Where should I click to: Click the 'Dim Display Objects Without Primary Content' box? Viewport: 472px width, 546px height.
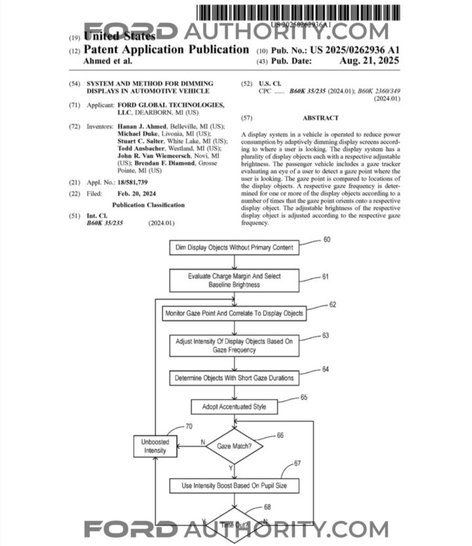[x=235, y=248]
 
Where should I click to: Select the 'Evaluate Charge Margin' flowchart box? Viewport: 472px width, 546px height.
[x=235, y=281]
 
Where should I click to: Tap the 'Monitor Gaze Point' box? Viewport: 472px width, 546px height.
[x=235, y=313]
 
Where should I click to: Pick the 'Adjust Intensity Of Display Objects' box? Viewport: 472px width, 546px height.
[x=235, y=345]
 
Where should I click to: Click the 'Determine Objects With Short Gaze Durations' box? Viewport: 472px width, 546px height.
[x=235, y=378]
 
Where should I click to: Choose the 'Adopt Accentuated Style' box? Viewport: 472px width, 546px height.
[x=235, y=407]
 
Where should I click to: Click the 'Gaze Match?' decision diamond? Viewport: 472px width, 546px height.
[x=234, y=446]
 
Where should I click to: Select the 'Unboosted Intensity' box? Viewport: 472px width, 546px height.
[x=155, y=446]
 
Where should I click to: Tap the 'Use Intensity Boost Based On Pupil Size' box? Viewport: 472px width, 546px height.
[x=235, y=486]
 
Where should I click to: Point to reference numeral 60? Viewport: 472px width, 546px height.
[x=326, y=239]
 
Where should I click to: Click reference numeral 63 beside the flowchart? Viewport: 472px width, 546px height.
[x=325, y=335]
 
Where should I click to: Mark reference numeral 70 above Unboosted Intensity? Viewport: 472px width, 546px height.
[x=189, y=426]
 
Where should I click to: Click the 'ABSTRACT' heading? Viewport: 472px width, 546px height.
[x=321, y=118]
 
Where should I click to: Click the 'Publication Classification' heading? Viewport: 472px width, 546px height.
[x=148, y=205]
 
